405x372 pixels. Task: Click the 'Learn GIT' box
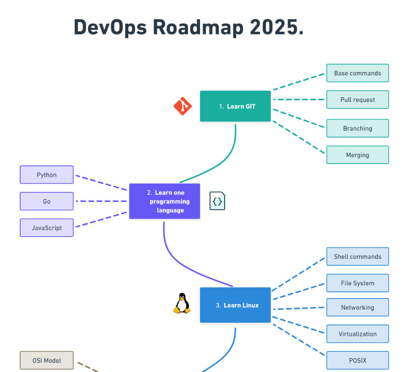pyautogui.click(x=235, y=106)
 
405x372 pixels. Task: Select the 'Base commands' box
pyautogui.click(x=357, y=73)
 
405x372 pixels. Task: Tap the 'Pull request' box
pyautogui.click(x=357, y=99)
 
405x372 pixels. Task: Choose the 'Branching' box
pyautogui.click(x=357, y=128)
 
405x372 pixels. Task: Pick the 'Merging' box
pyautogui.click(x=357, y=155)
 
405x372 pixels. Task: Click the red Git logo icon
pyautogui.click(x=183, y=106)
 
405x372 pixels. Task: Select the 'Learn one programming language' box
pyautogui.click(x=165, y=201)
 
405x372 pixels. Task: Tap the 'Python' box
pyautogui.click(x=47, y=175)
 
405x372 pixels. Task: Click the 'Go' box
pyautogui.click(x=47, y=201)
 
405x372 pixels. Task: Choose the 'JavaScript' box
pyautogui.click(x=47, y=228)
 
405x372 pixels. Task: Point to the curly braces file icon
pyautogui.click(x=217, y=201)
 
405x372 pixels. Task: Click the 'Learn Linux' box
pyautogui.click(x=235, y=305)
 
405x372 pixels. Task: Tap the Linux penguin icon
pyautogui.click(x=182, y=303)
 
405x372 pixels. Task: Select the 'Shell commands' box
pyautogui.click(x=357, y=257)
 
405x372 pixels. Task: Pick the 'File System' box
pyautogui.click(x=357, y=283)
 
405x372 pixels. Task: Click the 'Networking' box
pyautogui.click(x=357, y=307)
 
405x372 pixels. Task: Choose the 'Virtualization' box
pyautogui.click(x=357, y=334)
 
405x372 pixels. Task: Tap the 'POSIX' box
pyautogui.click(x=357, y=360)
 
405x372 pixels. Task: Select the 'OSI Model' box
pyautogui.click(x=47, y=360)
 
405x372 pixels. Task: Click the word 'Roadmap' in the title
pyautogui.click(x=199, y=27)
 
